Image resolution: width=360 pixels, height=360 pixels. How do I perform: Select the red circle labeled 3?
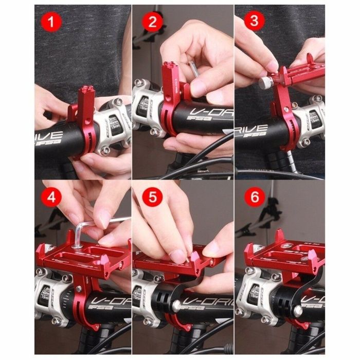pos(251,22)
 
